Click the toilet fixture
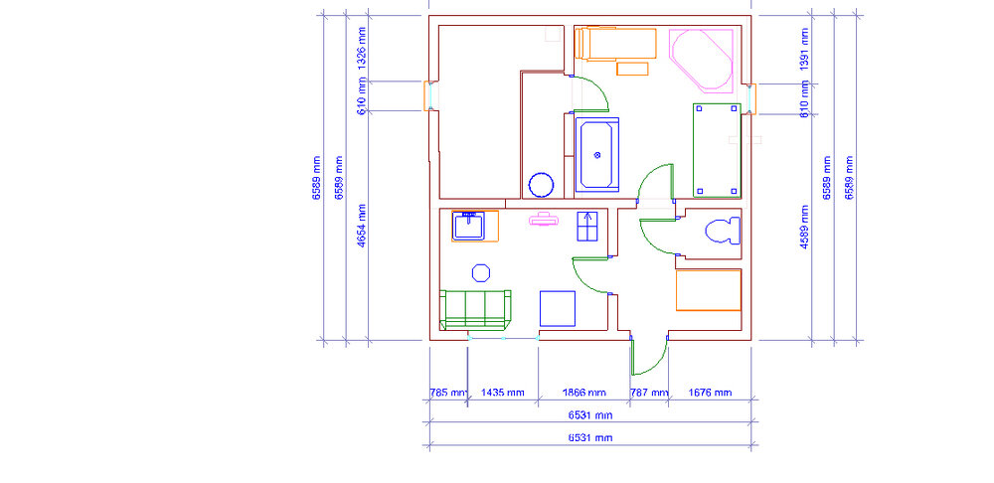tap(723, 231)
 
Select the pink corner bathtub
tap(702, 60)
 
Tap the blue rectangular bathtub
tap(596, 155)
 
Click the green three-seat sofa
tap(475, 310)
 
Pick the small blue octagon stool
tap(481, 273)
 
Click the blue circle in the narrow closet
tap(542, 185)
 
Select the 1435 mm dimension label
tap(503, 393)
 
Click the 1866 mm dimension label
tap(583, 393)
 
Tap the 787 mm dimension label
tap(649, 393)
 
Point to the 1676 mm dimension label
tap(710, 393)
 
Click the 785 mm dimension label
tap(448, 393)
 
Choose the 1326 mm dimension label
tap(362, 48)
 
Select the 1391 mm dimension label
tap(804, 50)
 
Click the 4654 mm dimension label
tap(362, 225)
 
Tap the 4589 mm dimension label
tap(804, 227)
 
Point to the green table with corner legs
tap(717, 151)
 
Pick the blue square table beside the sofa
tap(558, 309)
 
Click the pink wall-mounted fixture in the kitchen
tap(544, 220)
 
